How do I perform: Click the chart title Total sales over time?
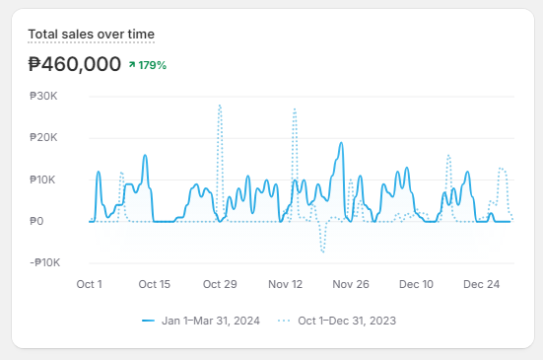(x=91, y=35)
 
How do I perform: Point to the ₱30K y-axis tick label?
(x=44, y=97)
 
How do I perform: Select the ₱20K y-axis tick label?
(x=44, y=138)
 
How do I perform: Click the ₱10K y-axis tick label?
(x=44, y=180)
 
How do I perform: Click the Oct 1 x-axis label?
(x=90, y=284)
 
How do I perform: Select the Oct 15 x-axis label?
(x=155, y=284)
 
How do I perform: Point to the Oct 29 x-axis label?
(x=220, y=284)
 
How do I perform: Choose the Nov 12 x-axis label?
(x=286, y=284)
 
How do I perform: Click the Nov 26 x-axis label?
(x=351, y=284)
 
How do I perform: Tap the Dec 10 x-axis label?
(x=416, y=284)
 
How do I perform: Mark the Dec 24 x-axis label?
(x=481, y=284)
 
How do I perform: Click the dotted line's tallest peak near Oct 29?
(x=220, y=106)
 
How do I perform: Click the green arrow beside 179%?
(x=131, y=65)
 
